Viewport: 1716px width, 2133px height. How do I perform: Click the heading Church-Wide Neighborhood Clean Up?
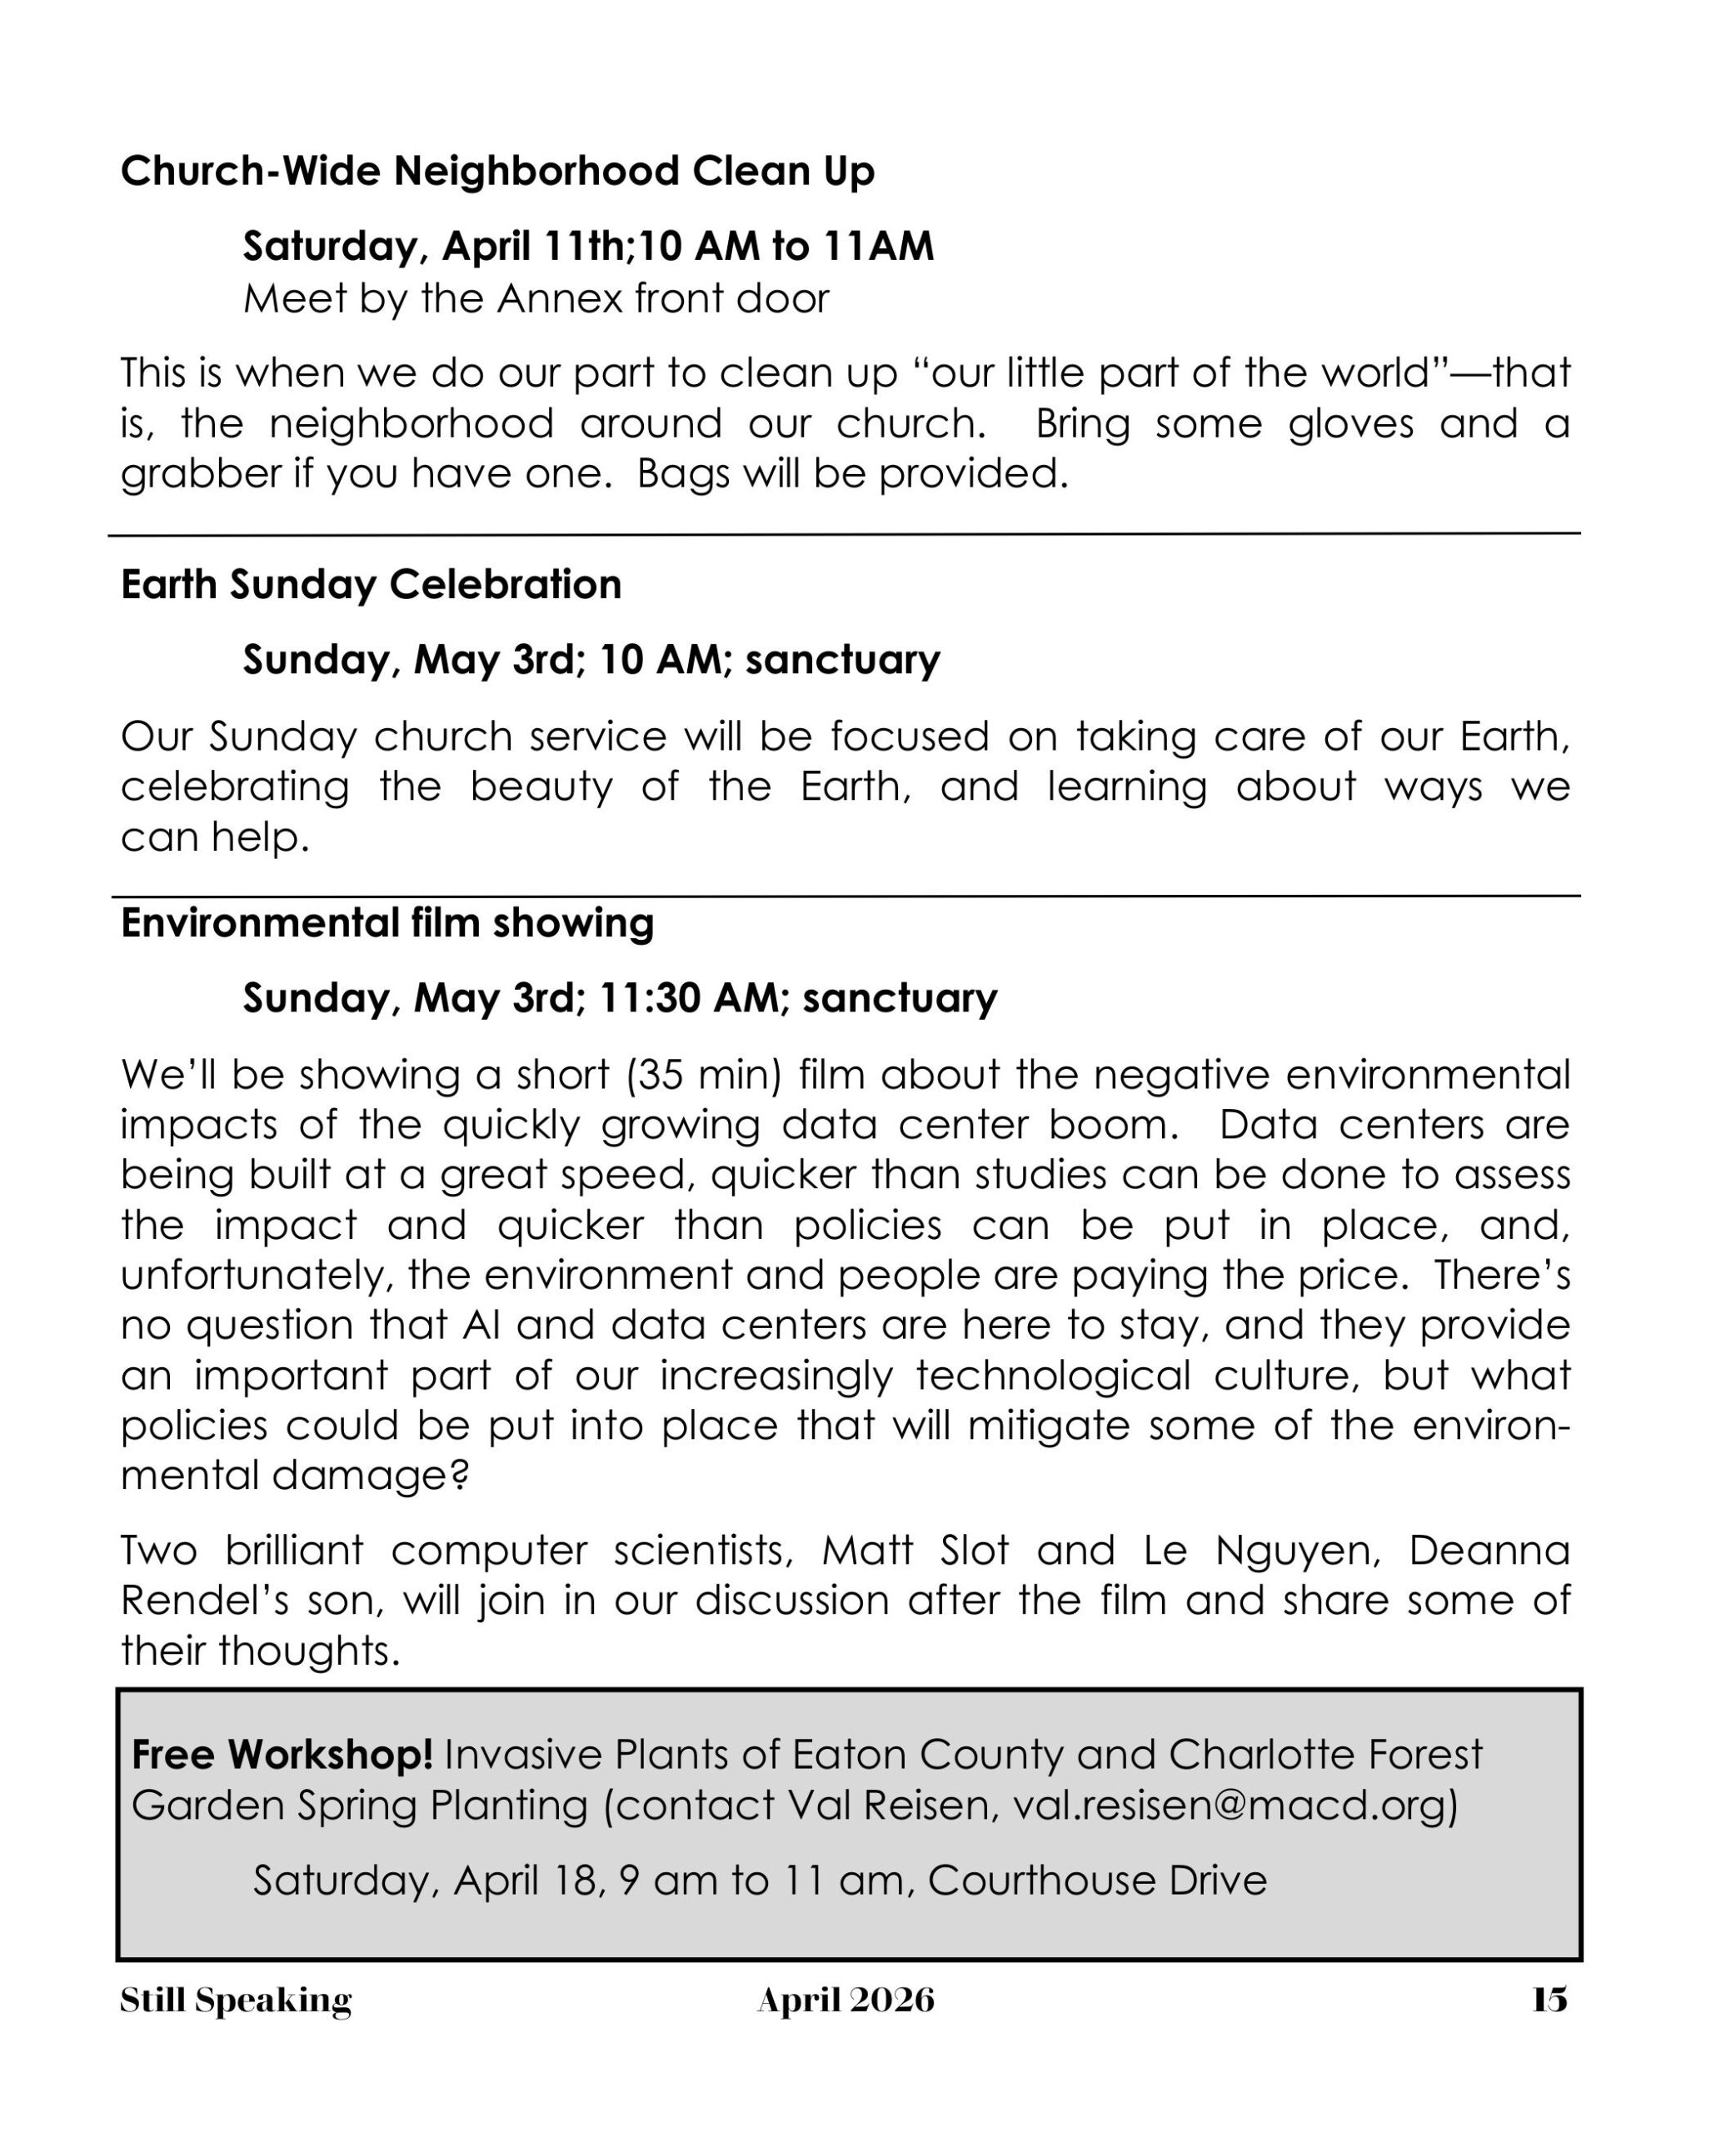click(x=497, y=171)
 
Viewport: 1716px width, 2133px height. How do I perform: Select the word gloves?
click(x=1350, y=423)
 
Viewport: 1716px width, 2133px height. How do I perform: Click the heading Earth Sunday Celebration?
click(x=371, y=585)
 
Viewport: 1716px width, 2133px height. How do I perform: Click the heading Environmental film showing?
click(x=387, y=923)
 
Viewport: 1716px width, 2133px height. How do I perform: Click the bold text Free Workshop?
click(x=282, y=1754)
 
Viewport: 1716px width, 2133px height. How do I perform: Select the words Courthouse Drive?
click(x=1097, y=1880)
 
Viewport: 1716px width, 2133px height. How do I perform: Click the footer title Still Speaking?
click(x=236, y=2000)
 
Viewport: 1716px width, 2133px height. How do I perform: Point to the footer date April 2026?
click(x=846, y=2000)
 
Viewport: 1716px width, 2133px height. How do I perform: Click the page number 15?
click(x=1549, y=2000)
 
